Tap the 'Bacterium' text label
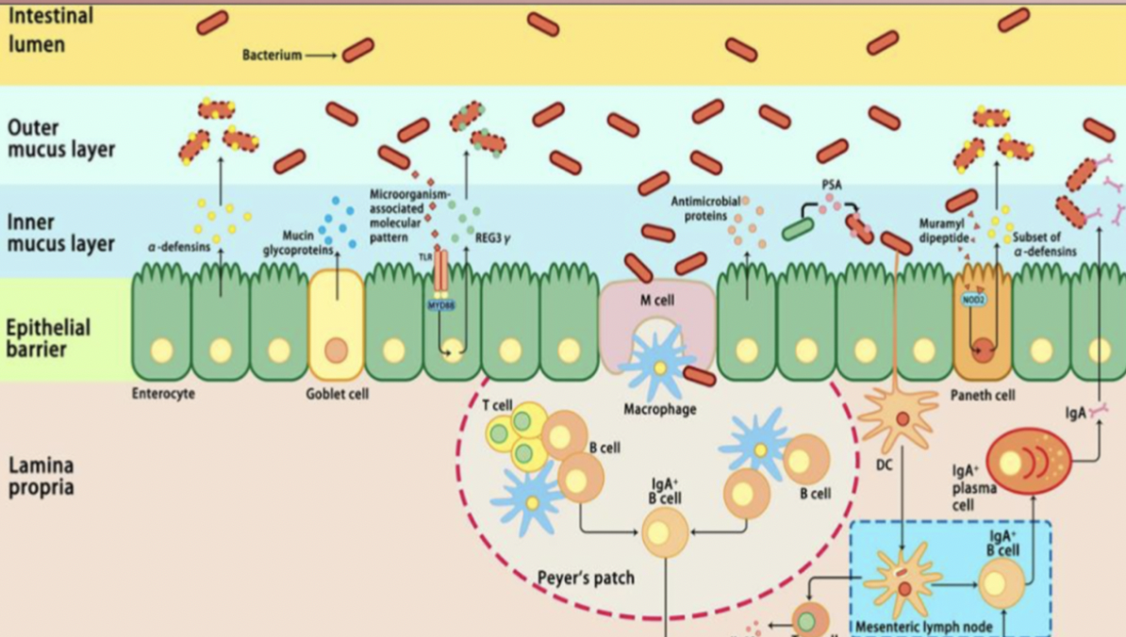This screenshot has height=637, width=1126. click(272, 56)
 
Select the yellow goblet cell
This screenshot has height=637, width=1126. click(337, 325)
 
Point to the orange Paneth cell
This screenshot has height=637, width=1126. click(983, 325)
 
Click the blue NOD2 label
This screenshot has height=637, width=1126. click(972, 300)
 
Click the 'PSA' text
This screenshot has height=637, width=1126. click(831, 186)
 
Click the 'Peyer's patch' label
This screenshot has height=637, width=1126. click(586, 577)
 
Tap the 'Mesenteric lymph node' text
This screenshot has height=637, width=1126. click(923, 627)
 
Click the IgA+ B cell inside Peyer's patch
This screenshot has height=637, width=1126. click(666, 531)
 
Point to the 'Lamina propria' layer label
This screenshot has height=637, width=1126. click(41, 477)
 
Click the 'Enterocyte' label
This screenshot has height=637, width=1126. click(163, 394)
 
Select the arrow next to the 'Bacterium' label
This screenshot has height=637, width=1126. click(321, 56)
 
